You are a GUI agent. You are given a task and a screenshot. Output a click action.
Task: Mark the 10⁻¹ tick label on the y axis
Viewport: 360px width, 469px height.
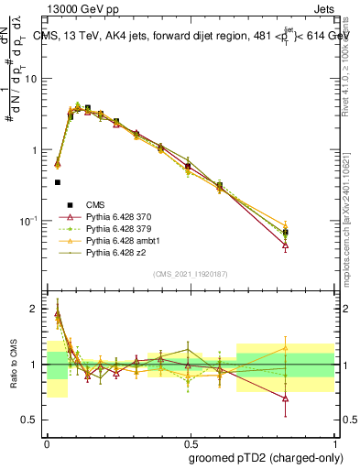point(30,221)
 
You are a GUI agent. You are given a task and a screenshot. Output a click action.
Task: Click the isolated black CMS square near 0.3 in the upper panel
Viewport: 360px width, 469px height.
point(58,182)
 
